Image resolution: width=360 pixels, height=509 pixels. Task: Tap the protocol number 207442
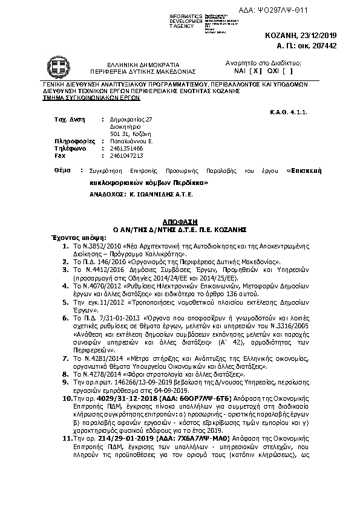pyautogui.click(x=322, y=46)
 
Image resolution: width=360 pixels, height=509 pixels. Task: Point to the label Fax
pyautogui.click(x=61, y=155)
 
